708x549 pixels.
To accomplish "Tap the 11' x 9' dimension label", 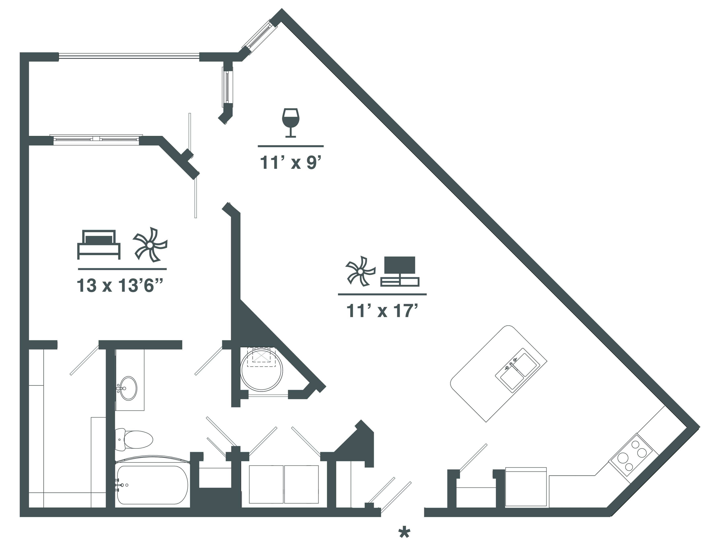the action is (x=292, y=163).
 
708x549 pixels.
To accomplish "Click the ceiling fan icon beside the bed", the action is (x=150, y=245).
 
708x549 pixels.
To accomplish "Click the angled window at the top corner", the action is (x=259, y=35).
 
